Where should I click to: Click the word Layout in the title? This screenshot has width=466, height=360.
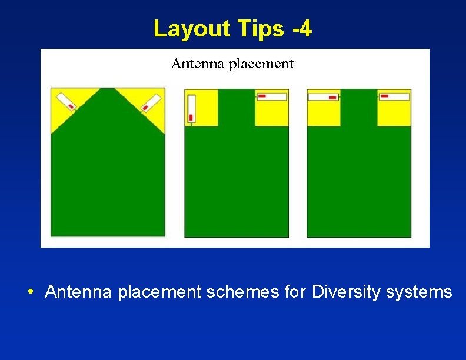click(x=189, y=28)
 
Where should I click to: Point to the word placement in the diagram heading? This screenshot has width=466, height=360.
click(x=260, y=64)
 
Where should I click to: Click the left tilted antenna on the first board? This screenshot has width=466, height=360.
click(x=66, y=100)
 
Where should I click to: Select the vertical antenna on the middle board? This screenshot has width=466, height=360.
click(x=191, y=109)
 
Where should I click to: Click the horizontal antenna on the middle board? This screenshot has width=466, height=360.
click(x=272, y=96)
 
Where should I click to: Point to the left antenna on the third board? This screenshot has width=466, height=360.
click(x=324, y=96)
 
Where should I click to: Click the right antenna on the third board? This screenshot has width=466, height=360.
click(x=394, y=96)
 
